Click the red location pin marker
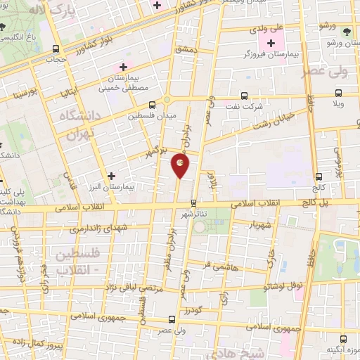pyautogui.click(x=180, y=165)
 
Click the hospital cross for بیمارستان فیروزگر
pyautogui.click(x=272, y=44)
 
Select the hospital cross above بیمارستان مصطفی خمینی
pyautogui.click(x=123, y=67)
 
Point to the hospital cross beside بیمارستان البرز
pyautogui.click(x=110, y=175)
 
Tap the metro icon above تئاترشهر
pyautogui.click(x=193, y=202)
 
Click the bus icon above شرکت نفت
pyautogui.click(x=244, y=95)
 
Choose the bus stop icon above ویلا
pyautogui.click(x=339, y=92)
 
